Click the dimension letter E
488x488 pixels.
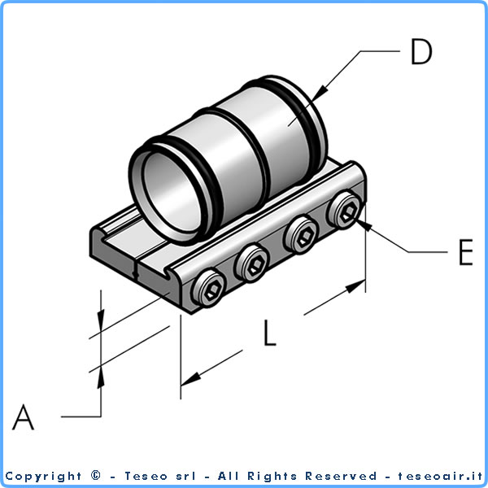(465, 253)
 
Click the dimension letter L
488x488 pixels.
(270, 333)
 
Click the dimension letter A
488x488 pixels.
(24, 418)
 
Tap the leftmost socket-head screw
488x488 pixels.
(208, 289)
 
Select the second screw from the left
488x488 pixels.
(251, 264)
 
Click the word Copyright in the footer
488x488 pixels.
(44, 476)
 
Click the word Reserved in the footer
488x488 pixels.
(342, 476)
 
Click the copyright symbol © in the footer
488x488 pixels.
(97, 476)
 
